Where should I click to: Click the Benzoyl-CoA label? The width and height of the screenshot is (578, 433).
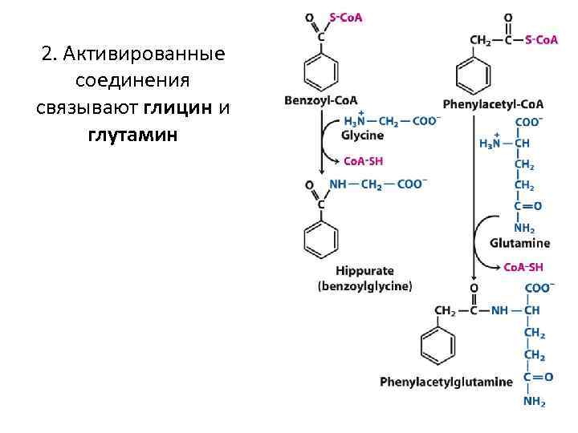[x=321, y=100]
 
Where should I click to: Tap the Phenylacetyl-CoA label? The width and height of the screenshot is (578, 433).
[x=493, y=104]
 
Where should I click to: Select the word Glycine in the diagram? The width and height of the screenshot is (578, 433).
[x=362, y=135]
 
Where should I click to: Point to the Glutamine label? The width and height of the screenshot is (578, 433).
[x=519, y=243]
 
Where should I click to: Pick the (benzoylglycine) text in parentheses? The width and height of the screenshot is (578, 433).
[x=364, y=285]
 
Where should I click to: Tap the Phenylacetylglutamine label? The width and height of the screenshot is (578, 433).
[x=446, y=381]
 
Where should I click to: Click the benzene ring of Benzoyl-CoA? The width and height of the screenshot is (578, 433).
[x=320, y=72]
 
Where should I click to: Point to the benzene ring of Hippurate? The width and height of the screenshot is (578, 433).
[x=320, y=238]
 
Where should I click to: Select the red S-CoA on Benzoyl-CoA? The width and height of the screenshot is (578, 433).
[x=346, y=17]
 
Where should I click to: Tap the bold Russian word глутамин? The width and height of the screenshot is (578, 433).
[x=132, y=133]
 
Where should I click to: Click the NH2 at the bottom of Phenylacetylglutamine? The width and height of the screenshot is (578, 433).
[x=535, y=402]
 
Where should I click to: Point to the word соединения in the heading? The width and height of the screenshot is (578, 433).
[x=132, y=81]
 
